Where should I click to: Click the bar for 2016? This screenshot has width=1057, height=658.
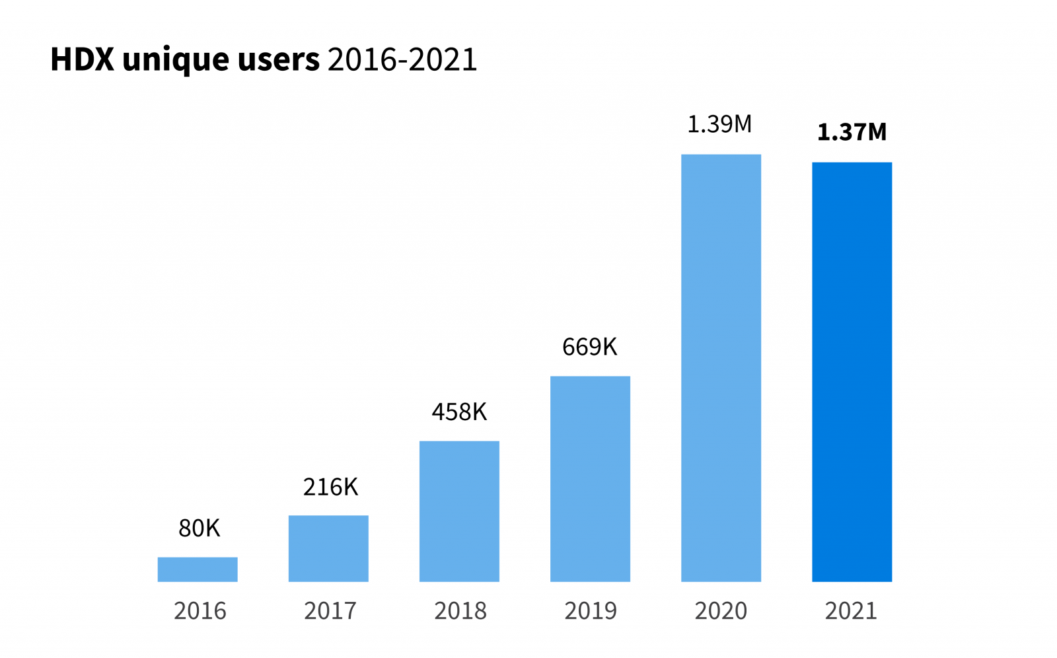(198, 569)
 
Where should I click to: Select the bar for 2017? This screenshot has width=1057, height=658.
(328, 548)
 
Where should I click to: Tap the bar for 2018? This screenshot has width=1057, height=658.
(459, 511)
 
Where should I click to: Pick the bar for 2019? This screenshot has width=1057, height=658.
(590, 479)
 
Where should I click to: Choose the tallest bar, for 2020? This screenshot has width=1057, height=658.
(721, 368)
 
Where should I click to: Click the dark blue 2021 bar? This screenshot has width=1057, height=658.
(852, 372)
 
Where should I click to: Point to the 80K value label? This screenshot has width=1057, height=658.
(199, 529)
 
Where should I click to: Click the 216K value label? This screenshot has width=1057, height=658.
(330, 487)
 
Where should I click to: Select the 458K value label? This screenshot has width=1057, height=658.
(459, 412)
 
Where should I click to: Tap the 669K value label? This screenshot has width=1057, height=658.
(589, 347)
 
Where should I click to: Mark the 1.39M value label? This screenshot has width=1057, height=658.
(719, 124)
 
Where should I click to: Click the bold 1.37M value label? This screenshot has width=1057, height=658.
(852, 132)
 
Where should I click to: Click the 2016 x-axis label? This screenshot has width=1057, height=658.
(200, 610)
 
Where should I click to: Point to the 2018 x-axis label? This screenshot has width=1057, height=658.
(460, 610)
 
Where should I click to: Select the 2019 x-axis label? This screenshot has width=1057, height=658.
(590, 610)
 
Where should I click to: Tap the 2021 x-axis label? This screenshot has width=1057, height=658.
(851, 610)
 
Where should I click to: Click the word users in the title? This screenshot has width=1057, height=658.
(278, 59)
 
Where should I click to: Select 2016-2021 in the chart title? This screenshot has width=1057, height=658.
(402, 59)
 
